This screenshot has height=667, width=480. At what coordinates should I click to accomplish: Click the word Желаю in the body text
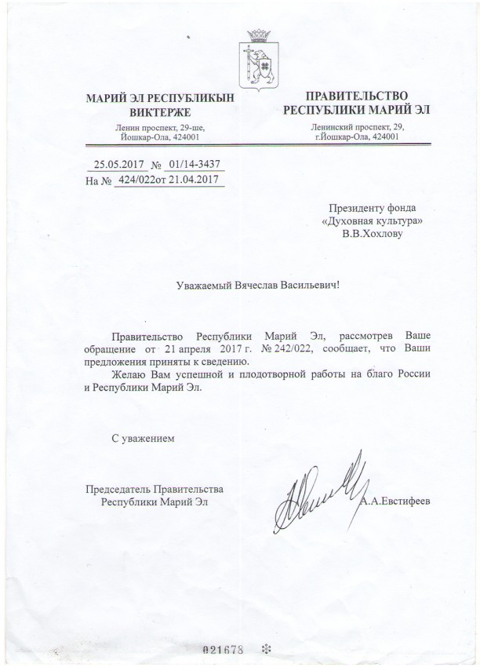pyautogui.click(x=129, y=376)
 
